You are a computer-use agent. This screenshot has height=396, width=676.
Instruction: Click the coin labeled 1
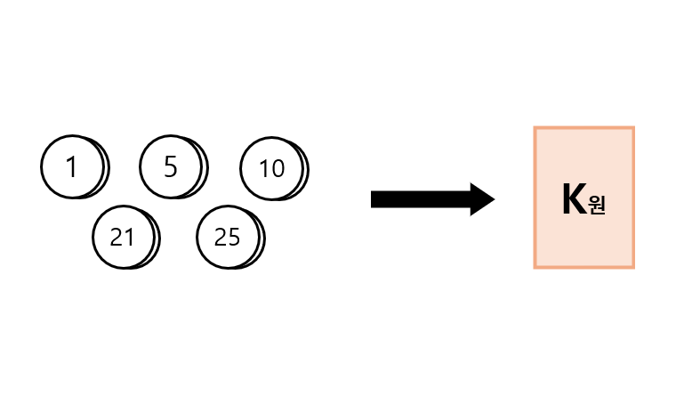click(73, 166)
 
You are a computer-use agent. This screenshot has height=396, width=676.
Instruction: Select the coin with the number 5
click(172, 166)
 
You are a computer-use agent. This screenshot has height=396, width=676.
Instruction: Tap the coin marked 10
click(272, 168)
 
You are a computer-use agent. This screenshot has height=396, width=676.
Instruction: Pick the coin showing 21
click(124, 237)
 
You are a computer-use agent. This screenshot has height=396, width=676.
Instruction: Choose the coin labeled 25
click(229, 237)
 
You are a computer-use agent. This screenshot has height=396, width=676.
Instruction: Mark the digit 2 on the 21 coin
click(117, 237)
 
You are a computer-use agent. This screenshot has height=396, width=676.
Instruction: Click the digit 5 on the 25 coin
click(234, 237)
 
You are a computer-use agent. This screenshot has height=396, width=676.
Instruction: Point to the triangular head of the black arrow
click(481, 199)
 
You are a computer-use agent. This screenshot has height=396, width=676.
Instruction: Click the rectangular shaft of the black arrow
click(418, 199)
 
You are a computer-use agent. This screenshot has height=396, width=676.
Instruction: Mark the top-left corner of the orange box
click(535, 128)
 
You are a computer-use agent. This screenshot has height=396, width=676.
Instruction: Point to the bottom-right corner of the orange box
click(633, 266)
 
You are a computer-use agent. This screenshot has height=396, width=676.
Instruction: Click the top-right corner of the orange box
click(633, 128)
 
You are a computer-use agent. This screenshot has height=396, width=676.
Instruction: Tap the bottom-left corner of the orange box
click(535, 266)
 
